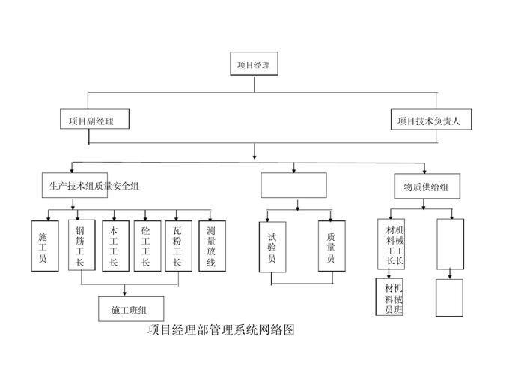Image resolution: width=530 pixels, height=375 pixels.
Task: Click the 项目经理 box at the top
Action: (254, 65)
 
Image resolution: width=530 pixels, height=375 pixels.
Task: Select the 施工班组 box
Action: (132, 309)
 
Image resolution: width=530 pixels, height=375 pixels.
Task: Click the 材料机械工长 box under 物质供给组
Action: (392, 244)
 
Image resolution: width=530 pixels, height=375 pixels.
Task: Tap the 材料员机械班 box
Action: (391, 298)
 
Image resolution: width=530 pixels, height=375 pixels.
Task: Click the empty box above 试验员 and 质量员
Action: (293, 185)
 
